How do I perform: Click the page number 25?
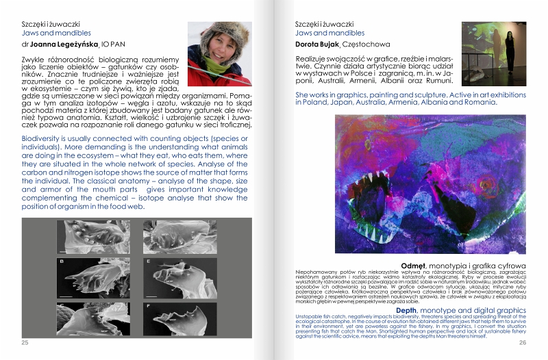tap(25, 342)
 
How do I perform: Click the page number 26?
tap(522, 342)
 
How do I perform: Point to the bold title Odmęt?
tap(415, 264)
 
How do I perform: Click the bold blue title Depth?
tap(409, 309)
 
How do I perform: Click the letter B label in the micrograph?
tap(63, 261)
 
